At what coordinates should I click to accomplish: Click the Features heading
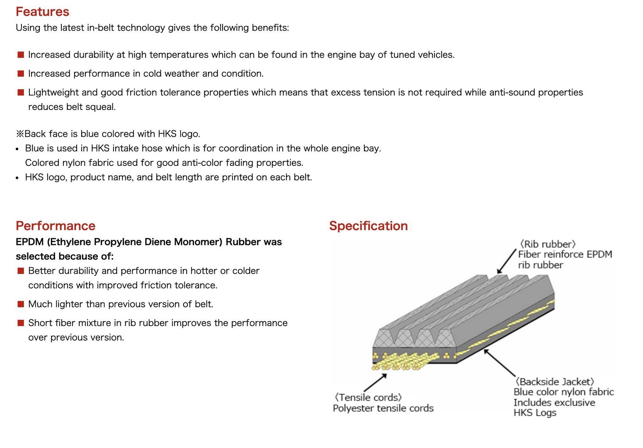[x=42, y=12]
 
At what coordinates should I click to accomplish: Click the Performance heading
[x=56, y=226]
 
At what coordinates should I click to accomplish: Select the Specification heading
[x=368, y=226]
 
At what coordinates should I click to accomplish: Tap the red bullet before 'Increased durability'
[x=21, y=55]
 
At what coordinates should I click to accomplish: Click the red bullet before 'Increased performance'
[x=21, y=73]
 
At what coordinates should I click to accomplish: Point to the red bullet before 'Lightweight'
[x=21, y=92]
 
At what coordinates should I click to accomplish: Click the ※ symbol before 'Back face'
[x=20, y=134]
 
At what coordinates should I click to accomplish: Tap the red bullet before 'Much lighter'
[x=21, y=304]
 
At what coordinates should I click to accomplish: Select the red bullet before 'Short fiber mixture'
[x=21, y=323]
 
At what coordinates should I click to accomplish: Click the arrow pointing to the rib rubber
[x=506, y=262]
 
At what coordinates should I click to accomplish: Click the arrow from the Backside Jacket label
[x=499, y=363]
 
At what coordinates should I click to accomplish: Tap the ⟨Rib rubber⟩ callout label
[x=548, y=244]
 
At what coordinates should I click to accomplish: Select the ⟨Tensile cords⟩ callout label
[x=368, y=397]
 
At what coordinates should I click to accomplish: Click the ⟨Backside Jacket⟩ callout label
[x=554, y=382]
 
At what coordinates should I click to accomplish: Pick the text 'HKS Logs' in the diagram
[x=535, y=413]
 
